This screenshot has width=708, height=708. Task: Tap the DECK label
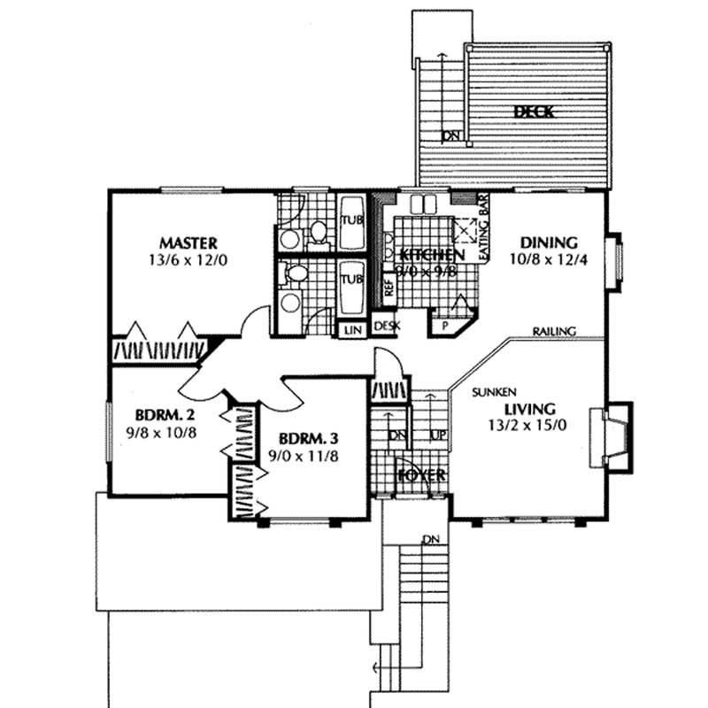click(534, 112)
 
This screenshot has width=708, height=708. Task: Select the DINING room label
click(549, 242)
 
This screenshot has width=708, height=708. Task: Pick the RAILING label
click(555, 331)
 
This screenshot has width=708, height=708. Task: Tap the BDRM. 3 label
click(308, 440)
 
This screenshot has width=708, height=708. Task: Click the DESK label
click(387, 327)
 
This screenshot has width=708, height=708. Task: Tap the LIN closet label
click(351, 330)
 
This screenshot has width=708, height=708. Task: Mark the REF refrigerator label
click(388, 289)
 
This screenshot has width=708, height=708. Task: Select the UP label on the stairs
click(436, 435)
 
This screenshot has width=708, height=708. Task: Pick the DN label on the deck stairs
click(451, 135)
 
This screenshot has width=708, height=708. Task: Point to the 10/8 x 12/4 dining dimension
click(549, 261)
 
